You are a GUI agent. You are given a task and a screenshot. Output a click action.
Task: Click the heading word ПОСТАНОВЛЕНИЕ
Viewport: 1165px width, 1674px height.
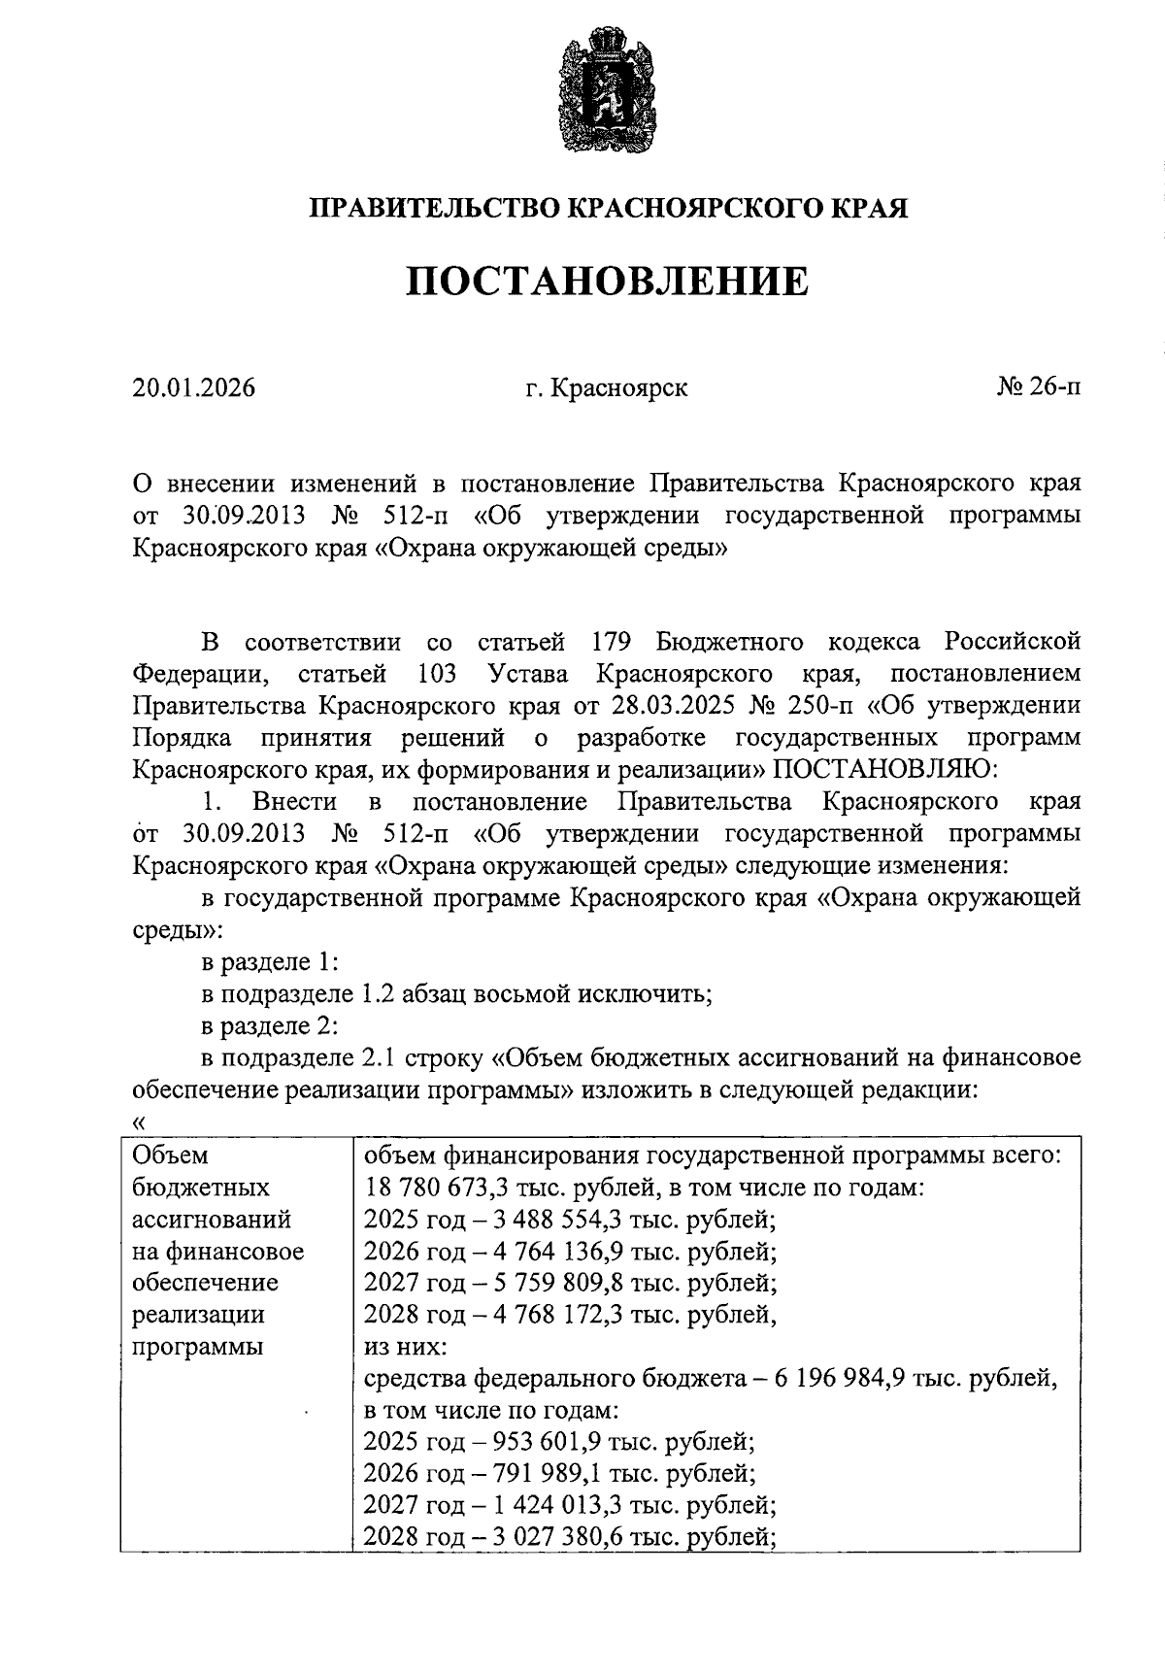coord(607,282)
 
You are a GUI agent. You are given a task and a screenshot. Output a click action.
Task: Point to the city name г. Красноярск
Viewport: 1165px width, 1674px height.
coord(607,388)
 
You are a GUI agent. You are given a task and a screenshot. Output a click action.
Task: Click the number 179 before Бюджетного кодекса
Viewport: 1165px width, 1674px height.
coord(612,642)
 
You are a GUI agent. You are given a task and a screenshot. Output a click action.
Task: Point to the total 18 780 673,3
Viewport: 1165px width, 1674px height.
coord(447,1188)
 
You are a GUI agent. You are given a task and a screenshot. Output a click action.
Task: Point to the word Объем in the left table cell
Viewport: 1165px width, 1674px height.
coord(170,1155)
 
